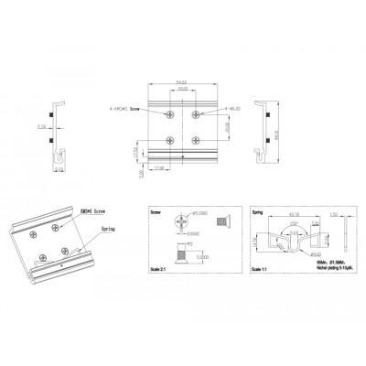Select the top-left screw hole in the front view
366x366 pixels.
171,114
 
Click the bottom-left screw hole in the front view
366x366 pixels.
171,139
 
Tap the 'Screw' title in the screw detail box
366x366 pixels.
156,210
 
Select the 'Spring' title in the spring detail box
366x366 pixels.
257,210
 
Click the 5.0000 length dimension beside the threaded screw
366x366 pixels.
205,258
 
